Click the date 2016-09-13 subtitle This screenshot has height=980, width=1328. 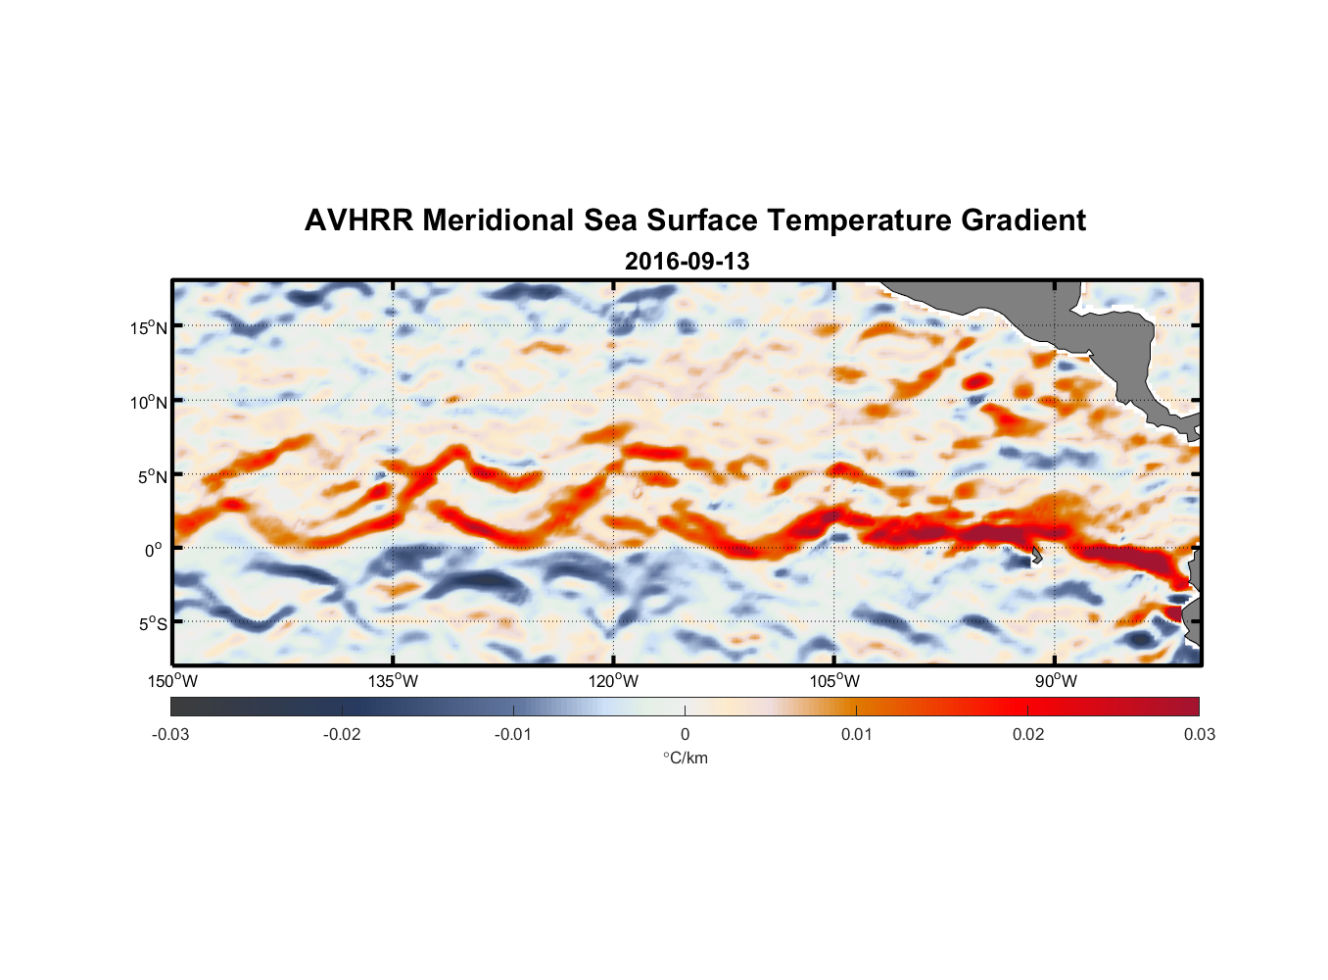coord(687,262)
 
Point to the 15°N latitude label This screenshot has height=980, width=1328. coord(149,327)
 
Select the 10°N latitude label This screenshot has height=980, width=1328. coord(149,402)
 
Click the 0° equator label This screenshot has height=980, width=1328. coord(154,550)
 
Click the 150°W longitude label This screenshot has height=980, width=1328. coord(172,681)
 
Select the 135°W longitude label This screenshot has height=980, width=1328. coord(393,681)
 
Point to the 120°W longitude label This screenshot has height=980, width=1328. coord(613,681)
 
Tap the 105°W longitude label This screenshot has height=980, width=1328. coord(834,681)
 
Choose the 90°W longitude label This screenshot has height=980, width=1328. coord(1056,681)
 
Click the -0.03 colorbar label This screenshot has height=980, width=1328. coord(170,734)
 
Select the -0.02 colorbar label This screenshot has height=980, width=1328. coord(342,734)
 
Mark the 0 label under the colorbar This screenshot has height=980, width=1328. coord(685,734)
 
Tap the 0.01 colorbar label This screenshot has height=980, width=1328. coord(856,734)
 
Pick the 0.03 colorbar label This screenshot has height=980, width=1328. coord(1199,734)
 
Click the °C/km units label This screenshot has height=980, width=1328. coord(685,758)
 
